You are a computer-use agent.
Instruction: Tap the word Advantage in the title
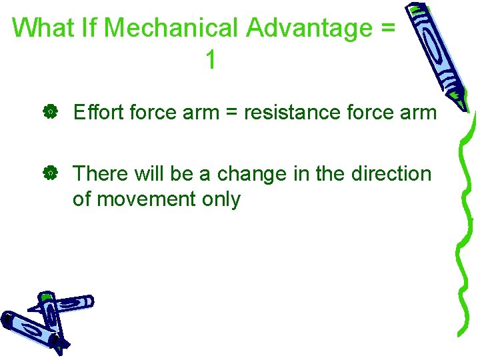click(x=308, y=28)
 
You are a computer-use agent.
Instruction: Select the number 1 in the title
click(x=211, y=60)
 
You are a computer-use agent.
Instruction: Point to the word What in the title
click(x=41, y=28)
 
